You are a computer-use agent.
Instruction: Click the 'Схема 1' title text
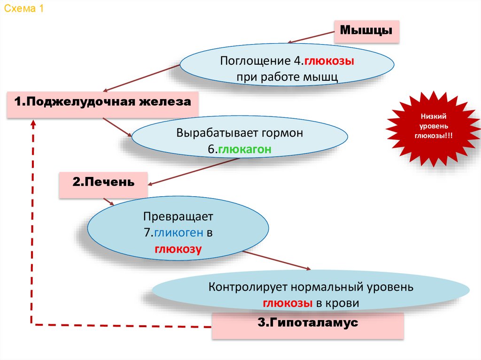click(x=24, y=10)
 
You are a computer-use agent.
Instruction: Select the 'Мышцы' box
click(x=366, y=31)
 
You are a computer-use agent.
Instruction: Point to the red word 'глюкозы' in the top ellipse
click(x=329, y=61)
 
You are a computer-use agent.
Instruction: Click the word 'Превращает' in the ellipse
click(x=178, y=217)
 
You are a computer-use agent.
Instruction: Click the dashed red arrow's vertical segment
click(x=33, y=221)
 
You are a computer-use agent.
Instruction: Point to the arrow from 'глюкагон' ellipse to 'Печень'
click(x=193, y=172)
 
